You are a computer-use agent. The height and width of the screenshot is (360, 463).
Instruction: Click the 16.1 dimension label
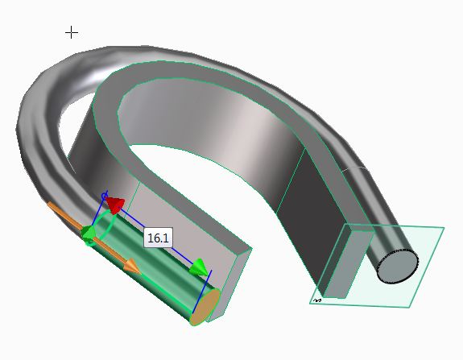[159, 238]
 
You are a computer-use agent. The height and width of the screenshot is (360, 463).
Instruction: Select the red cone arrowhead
[114, 204]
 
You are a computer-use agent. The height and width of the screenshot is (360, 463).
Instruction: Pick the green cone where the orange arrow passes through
[88, 234]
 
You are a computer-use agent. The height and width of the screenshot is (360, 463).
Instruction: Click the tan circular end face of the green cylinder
[205, 307]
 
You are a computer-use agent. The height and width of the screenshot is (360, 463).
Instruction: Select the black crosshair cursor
[72, 32]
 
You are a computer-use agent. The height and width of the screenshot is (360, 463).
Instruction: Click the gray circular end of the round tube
[398, 266]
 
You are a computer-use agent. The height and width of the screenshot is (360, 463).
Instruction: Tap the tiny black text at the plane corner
[317, 300]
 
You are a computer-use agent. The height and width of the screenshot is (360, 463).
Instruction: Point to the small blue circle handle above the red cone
[104, 196]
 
